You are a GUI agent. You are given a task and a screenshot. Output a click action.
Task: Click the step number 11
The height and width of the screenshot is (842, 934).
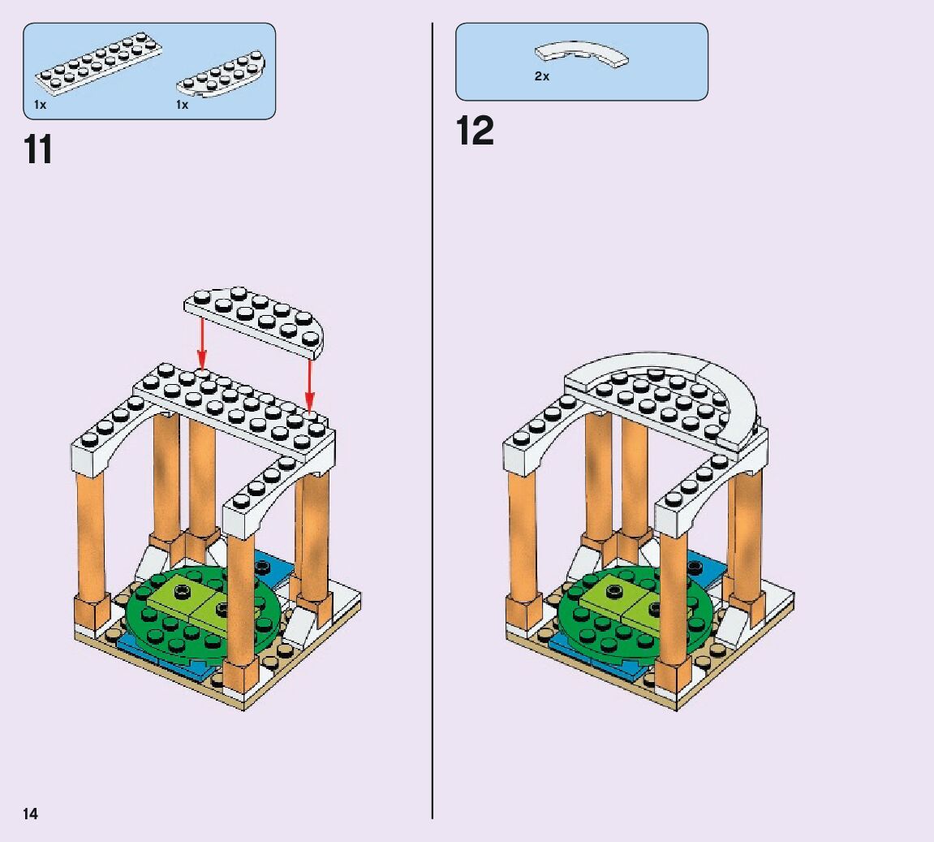(x=39, y=150)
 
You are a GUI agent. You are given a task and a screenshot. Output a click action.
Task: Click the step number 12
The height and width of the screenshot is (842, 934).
(x=475, y=132)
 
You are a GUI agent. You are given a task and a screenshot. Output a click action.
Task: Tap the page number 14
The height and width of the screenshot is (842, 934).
(x=30, y=814)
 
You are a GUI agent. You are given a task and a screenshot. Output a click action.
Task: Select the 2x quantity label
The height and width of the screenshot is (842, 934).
(x=541, y=76)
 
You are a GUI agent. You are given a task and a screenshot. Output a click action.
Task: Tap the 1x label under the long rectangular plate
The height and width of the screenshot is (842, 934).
(x=41, y=106)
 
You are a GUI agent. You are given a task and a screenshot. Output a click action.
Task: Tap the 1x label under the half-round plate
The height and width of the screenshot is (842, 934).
(x=182, y=106)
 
